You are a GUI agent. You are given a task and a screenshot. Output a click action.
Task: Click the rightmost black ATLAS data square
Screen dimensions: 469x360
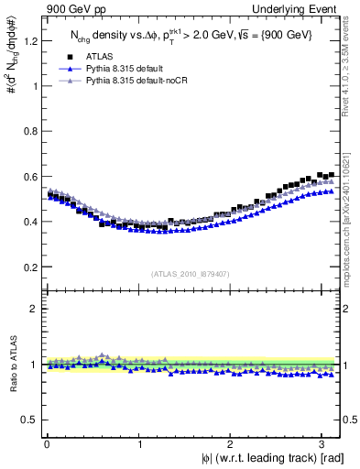[331, 175]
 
